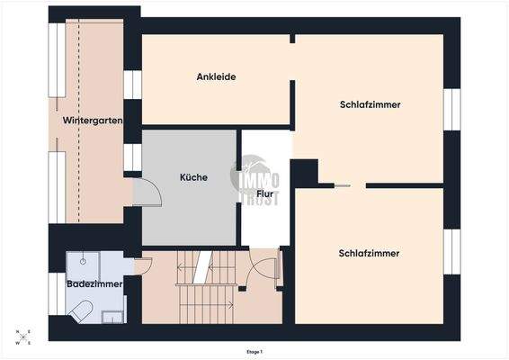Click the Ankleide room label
[x=216, y=76]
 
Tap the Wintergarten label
[x=93, y=120]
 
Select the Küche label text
[x=193, y=177]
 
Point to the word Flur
[x=265, y=193]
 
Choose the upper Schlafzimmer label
[x=370, y=104]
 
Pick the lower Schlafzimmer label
[x=369, y=253]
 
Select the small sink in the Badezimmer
[x=113, y=316]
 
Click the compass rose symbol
[x=23, y=337]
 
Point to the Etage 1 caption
[x=254, y=352]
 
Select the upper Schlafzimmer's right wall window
[x=451, y=109]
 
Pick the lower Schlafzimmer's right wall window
[x=451, y=252]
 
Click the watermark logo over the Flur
[x=259, y=177]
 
